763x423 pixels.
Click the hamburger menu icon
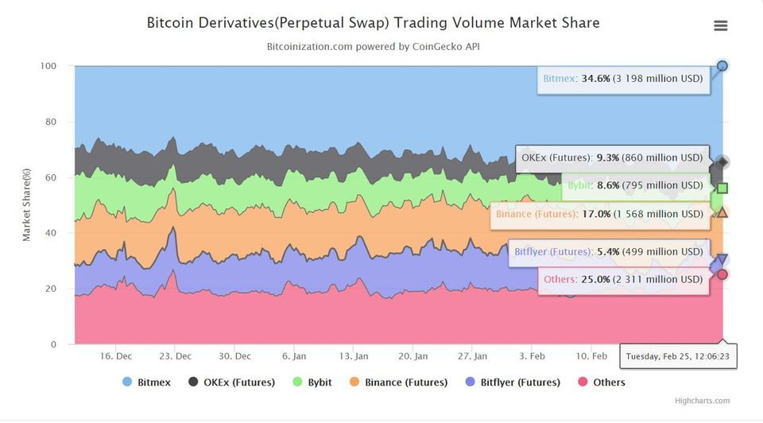pos(721,25)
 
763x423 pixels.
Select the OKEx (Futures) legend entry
pos(233,382)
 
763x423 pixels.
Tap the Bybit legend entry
pos(312,382)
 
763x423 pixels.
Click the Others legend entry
pos(602,382)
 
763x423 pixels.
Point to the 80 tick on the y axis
pos(53,122)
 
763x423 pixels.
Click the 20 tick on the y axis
pos(53,289)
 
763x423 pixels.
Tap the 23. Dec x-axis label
pos(175,356)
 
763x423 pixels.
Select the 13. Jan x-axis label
pos(353,356)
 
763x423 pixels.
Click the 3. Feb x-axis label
pos(533,356)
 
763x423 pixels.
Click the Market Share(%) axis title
pos(26,205)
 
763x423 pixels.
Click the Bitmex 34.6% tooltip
pos(623,80)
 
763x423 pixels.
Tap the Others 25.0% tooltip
pos(623,280)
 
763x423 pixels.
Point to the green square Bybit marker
pos(722,188)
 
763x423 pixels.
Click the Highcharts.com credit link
pos(702,401)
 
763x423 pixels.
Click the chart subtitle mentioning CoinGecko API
pos(373,46)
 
